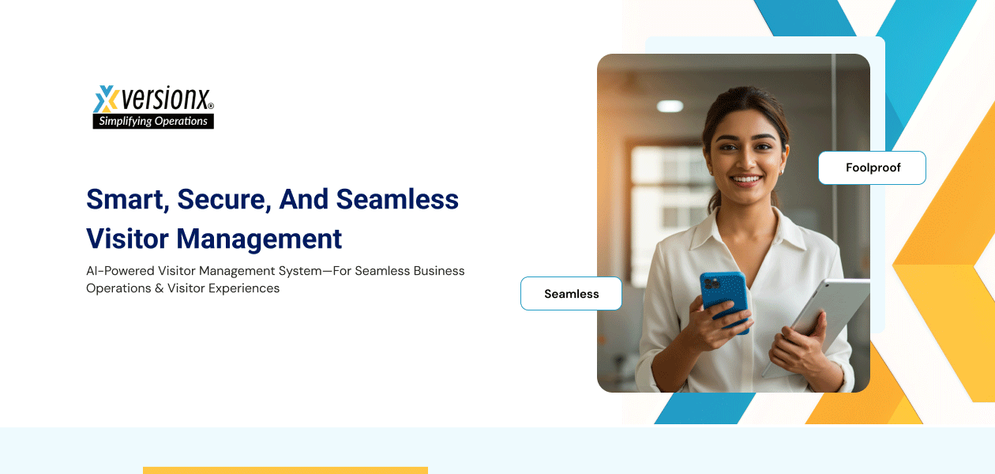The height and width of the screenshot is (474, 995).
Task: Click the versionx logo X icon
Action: tap(106, 100)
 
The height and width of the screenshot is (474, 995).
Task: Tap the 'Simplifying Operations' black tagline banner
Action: tap(153, 122)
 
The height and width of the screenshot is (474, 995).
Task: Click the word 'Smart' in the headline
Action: tap(125, 200)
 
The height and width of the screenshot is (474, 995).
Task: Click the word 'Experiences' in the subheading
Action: tap(244, 288)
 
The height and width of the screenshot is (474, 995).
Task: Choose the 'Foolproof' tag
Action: tap(873, 167)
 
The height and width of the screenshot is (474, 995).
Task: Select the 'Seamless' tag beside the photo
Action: tap(571, 294)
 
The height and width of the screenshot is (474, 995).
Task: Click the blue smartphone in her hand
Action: tap(724, 300)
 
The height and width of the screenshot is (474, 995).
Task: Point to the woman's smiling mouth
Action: tap(746, 180)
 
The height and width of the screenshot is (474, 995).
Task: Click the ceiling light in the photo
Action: tap(670, 106)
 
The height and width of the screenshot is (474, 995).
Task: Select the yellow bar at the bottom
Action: tap(285, 470)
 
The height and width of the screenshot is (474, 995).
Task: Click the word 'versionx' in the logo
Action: tap(166, 100)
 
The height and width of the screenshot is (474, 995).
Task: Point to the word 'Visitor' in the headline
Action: tap(126, 239)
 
